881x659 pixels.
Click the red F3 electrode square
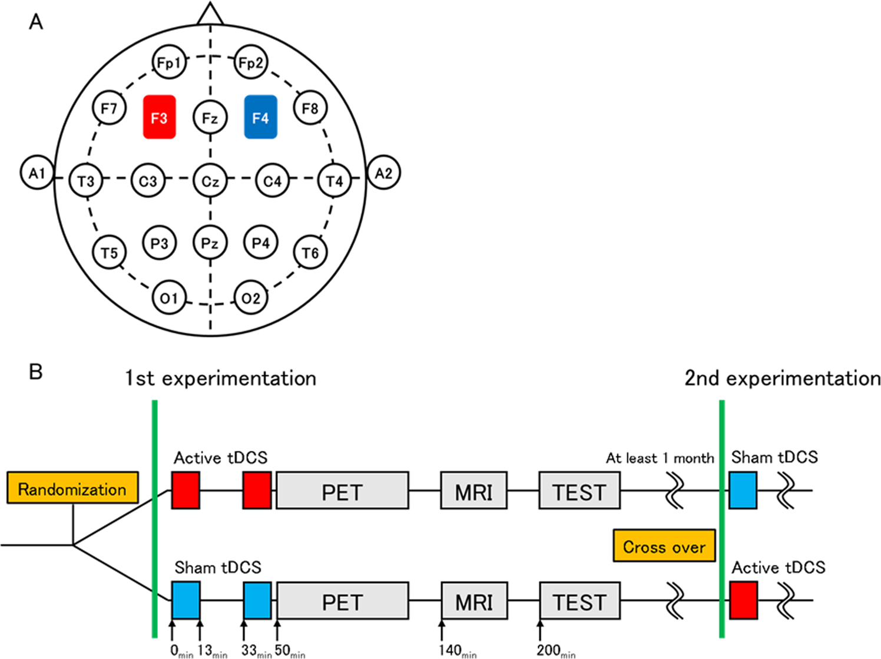[159, 117]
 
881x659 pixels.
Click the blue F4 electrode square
[260, 117]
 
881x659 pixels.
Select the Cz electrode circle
[210, 181]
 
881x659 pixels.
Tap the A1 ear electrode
[37, 173]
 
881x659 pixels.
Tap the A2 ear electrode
[383, 173]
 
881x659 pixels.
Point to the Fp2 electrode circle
[251, 62]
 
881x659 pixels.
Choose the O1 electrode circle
[169, 298]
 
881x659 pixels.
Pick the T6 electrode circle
[310, 253]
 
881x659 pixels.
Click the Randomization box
[72, 488]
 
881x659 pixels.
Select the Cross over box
[664, 546]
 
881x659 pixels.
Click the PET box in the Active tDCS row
[342, 491]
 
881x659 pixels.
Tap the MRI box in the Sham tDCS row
[473, 601]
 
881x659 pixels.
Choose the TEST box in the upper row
[579, 491]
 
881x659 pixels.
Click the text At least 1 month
[660, 458]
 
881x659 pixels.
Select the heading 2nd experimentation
[782, 378]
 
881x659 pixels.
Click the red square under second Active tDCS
[743, 600]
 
